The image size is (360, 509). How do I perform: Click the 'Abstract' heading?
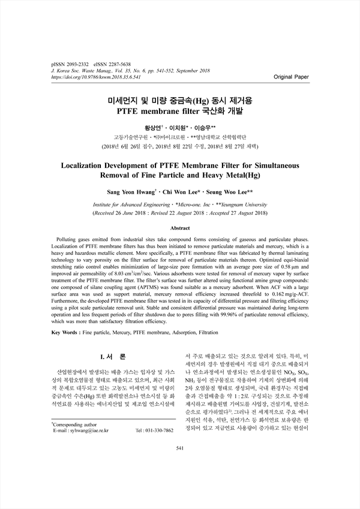180,228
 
